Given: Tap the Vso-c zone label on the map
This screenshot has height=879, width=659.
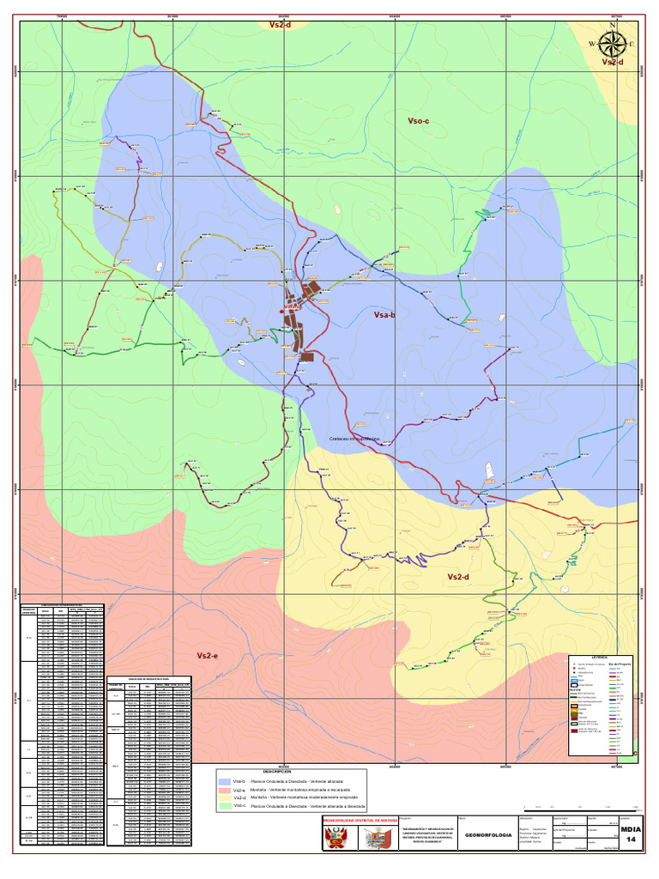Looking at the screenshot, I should pyautogui.click(x=418, y=122).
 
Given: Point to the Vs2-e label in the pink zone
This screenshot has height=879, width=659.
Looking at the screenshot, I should pyautogui.click(x=208, y=656).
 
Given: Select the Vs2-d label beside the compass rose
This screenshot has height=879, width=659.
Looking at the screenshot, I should pyautogui.click(x=612, y=62).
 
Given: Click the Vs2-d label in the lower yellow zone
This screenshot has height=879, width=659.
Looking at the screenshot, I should pyautogui.click(x=459, y=577).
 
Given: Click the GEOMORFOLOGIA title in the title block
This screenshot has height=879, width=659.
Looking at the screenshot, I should pyautogui.click(x=487, y=834).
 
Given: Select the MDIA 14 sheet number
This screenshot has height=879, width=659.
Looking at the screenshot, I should pyautogui.click(x=631, y=834).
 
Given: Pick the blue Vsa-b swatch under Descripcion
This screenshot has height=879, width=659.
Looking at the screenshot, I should pyautogui.click(x=226, y=782).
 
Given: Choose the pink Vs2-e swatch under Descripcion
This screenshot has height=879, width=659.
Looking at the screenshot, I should pyautogui.click(x=226, y=790).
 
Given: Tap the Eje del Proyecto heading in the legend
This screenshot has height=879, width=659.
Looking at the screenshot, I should pyautogui.click(x=619, y=664).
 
